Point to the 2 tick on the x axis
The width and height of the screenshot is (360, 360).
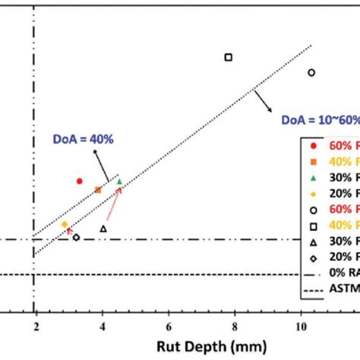coord(34,326)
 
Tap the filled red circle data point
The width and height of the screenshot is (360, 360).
coord(79,181)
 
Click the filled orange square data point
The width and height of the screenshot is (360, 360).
coord(97,189)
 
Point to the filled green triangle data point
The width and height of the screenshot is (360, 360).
coord(119,181)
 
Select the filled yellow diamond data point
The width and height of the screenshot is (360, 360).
coord(65,224)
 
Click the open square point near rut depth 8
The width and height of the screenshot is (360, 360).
coord(228,57)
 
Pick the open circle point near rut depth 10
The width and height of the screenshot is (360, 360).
coord(311,72)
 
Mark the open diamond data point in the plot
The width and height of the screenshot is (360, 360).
coord(76,237)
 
